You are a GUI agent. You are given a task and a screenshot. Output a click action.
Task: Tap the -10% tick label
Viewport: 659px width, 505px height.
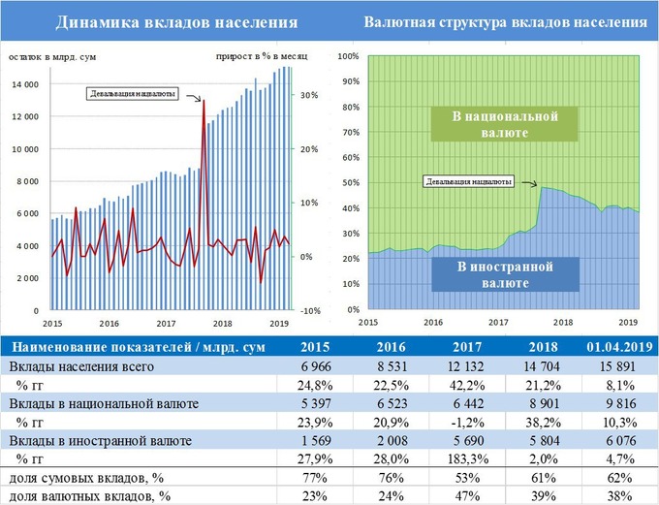[x=310, y=311]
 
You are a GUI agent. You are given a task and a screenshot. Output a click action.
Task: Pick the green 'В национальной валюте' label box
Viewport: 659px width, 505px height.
[x=507, y=124]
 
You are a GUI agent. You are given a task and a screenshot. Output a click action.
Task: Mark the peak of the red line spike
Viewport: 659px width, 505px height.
[x=204, y=100]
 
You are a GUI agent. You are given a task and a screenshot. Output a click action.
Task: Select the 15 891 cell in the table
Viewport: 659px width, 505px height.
[x=617, y=369]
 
